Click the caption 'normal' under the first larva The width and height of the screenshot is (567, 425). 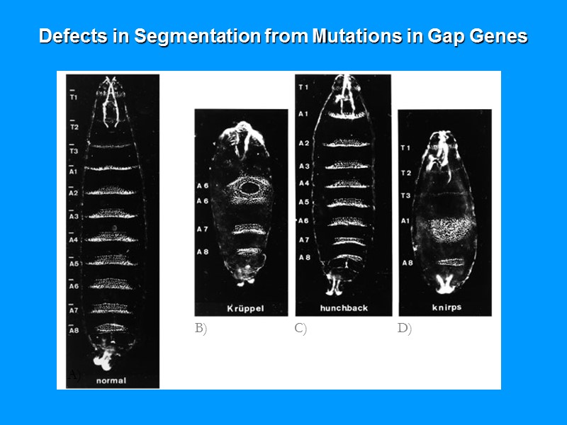pos(111,380)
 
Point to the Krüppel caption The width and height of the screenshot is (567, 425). pos(245,309)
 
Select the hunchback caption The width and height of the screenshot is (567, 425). pos(344,309)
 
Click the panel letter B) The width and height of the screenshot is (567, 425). pos(201,329)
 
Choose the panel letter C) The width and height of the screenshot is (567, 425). pos(301,329)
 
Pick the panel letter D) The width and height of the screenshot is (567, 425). pos(404,329)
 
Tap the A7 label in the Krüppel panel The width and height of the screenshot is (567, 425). pos(203,229)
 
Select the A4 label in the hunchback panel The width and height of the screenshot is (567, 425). pos(303,183)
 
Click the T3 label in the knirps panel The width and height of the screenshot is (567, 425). pos(406,195)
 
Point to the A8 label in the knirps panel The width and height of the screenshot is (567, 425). pos(408,263)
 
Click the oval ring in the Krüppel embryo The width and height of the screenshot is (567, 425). pos(249,188)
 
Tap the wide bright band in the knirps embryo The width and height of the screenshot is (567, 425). pos(444,230)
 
